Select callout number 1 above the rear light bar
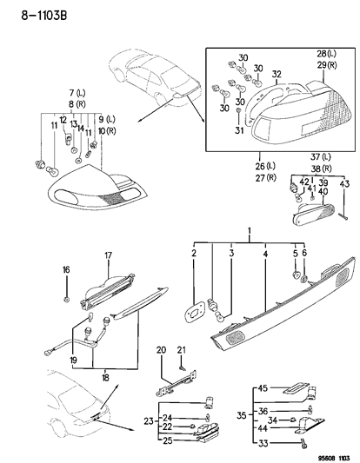(250, 232)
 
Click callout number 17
(110, 255)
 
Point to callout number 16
(67, 270)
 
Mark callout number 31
(238, 131)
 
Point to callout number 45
(262, 388)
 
